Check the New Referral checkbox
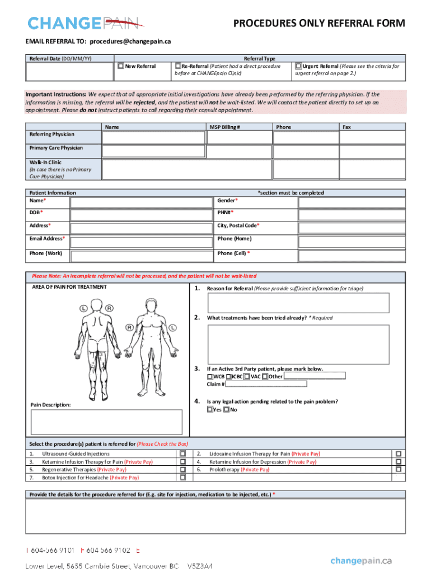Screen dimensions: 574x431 click(120, 66)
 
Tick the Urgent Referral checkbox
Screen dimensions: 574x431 click(298, 66)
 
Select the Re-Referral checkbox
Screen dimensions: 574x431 click(177, 66)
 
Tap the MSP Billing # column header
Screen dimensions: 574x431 click(225, 127)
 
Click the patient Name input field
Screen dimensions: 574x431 click(142, 202)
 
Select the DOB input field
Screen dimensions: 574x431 click(142, 215)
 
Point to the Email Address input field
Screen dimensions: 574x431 click(142, 241)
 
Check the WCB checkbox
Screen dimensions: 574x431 click(210, 377)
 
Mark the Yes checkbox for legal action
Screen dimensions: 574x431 click(210, 410)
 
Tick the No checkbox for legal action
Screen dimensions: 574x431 click(227, 410)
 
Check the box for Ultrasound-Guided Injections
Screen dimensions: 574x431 click(182, 453)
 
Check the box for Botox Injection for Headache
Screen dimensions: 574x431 click(182, 478)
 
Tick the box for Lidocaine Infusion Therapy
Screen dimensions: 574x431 click(399, 453)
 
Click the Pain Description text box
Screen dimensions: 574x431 click(106, 422)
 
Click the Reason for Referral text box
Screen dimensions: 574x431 click(298, 303)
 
